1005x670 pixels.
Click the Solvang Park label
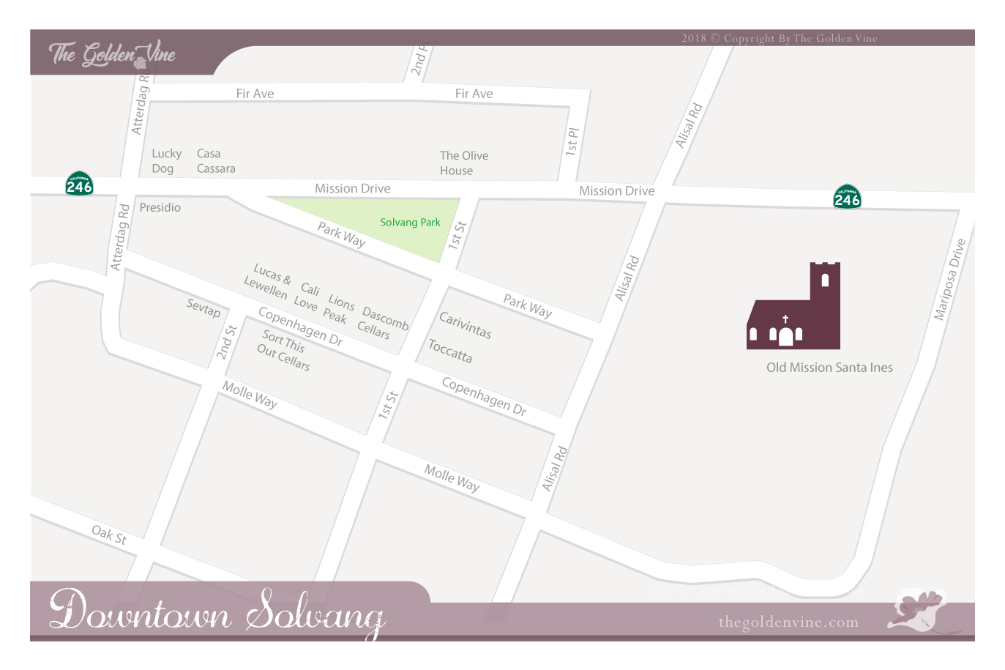tap(410, 223)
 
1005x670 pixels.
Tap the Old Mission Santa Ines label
tap(829, 368)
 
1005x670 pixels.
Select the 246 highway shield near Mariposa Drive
tap(847, 197)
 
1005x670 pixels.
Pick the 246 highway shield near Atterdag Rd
tap(79, 183)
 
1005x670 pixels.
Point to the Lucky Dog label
tap(166, 161)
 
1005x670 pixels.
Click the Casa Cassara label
tap(215, 161)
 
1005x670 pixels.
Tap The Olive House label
tap(463, 163)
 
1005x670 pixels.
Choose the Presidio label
tap(160, 208)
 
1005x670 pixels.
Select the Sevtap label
tap(203, 308)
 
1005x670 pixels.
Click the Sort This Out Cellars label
tap(283, 350)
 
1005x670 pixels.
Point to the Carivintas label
tap(465, 324)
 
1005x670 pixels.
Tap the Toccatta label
tap(450, 351)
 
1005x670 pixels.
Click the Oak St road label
tap(109, 535)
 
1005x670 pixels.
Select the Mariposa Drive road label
tap(949, 280)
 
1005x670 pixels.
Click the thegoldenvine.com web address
tap(788, 622)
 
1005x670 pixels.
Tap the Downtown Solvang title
tap(217, 611)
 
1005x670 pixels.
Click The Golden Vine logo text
tap(112, 54)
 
